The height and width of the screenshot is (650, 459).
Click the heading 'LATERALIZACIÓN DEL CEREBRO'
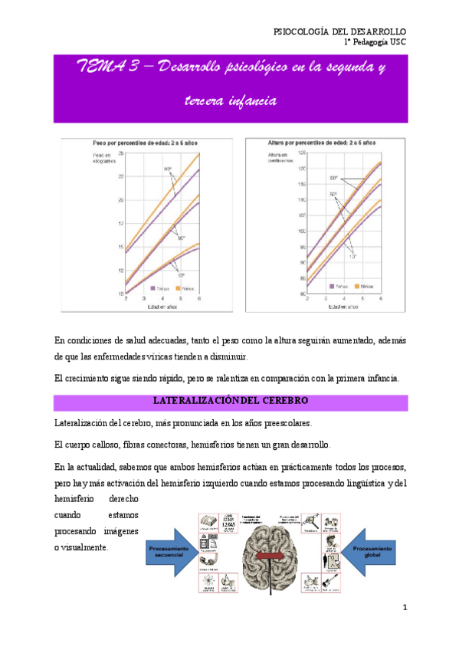[x=230, y=401]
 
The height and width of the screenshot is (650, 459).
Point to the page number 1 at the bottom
[x=405, y=608]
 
